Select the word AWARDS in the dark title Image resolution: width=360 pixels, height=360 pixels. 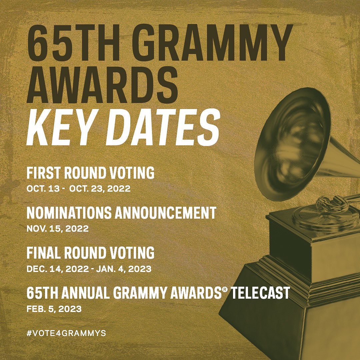pos(102,85)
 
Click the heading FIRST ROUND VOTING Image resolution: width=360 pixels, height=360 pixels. pos(90,173)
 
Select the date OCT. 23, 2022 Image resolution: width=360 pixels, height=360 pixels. pos(100,189)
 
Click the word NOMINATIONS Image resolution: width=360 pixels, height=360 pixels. pos(69,213)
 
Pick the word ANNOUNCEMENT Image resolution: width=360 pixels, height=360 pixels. pos(165,213)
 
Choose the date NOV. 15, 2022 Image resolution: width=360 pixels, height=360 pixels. pos(58,229)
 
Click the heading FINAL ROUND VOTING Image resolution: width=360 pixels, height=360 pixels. pos(90,253)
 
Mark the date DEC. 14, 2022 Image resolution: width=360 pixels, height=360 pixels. pos(58,269)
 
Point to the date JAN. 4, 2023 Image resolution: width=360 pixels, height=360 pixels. pos(124,269)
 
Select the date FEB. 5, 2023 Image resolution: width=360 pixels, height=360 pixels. pos(54,309)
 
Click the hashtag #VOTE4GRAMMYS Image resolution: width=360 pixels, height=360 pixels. pos(66,333)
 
